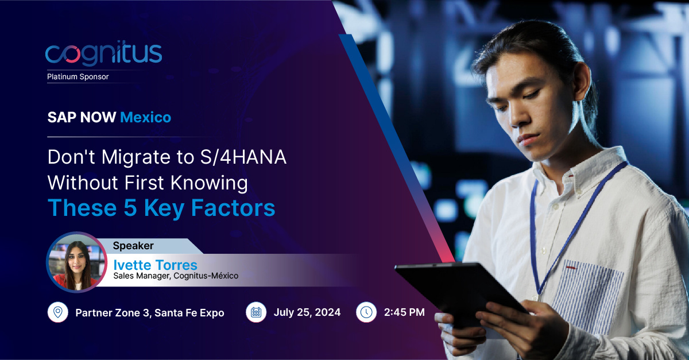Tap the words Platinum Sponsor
coord(78,76)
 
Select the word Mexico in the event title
coord(145,117)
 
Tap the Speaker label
coord(133,246)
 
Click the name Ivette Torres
coord(155,265)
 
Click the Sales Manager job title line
coord(176,276)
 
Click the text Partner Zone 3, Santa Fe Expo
coord(150,313)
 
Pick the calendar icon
coord(256,312)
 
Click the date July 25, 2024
coord(307,312)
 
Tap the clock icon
coord(366,312)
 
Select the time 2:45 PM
coord(405,312)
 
